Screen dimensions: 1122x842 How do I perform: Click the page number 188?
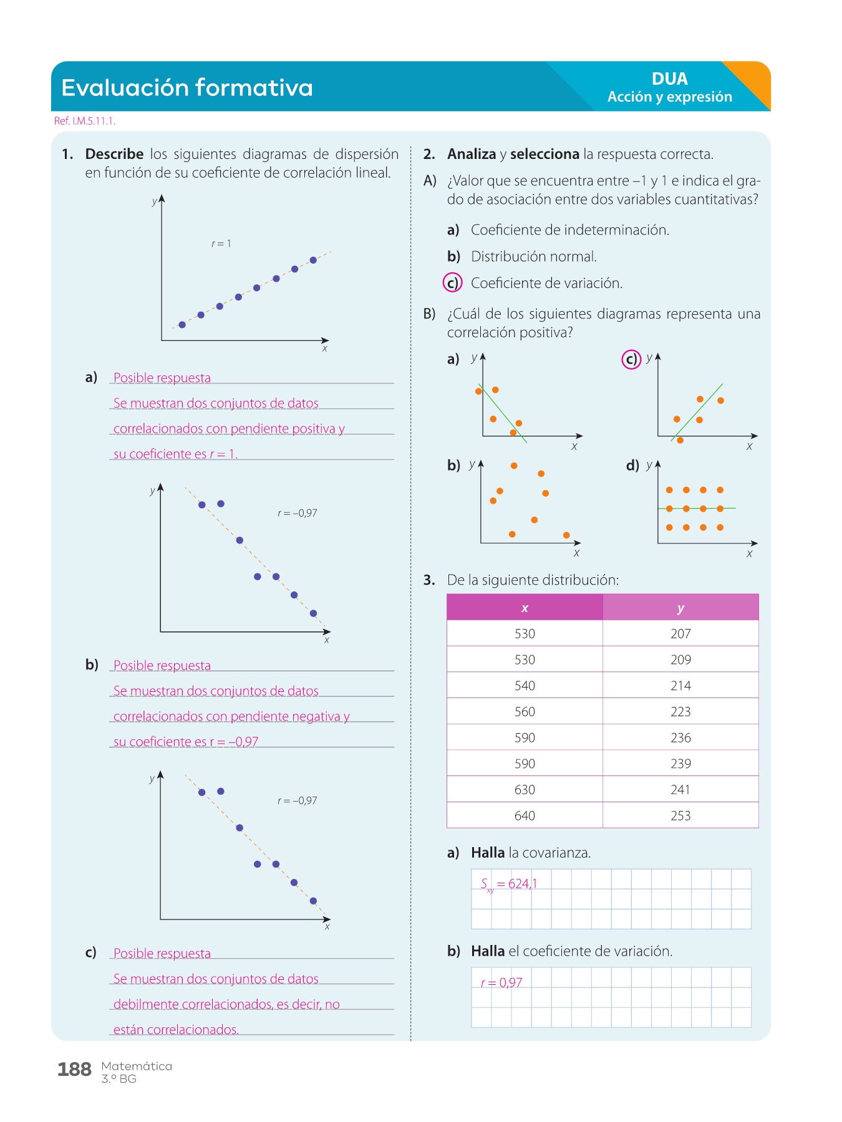[74, 1070]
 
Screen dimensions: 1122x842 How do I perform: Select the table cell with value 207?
[680, 634]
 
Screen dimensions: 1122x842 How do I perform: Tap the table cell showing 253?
[680, 816]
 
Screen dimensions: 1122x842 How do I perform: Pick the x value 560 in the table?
[525, 712]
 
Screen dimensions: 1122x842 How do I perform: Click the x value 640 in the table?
[525, 816]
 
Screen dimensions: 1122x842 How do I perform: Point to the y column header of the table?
[680, 608]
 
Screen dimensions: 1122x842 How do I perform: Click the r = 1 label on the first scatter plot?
[221, 244]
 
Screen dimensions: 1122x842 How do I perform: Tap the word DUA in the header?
[669, 79]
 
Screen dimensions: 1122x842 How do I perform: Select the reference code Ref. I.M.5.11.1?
[85, 121]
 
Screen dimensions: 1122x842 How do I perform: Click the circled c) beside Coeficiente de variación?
[452, 283]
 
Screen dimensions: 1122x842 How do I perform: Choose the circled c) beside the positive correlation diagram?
[631, 359]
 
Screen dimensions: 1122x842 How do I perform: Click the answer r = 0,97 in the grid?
[501, 983]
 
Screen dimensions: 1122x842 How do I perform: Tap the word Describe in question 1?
[114, 154]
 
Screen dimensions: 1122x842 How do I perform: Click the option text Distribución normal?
[534, 257]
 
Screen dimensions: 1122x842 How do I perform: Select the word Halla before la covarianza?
[488, 853]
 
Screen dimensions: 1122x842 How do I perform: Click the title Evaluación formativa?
[187, 88]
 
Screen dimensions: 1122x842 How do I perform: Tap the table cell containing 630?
[525, 790]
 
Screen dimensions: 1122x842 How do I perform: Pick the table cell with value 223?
[680, 712]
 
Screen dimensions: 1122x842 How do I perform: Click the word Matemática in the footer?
[137, 1066]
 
